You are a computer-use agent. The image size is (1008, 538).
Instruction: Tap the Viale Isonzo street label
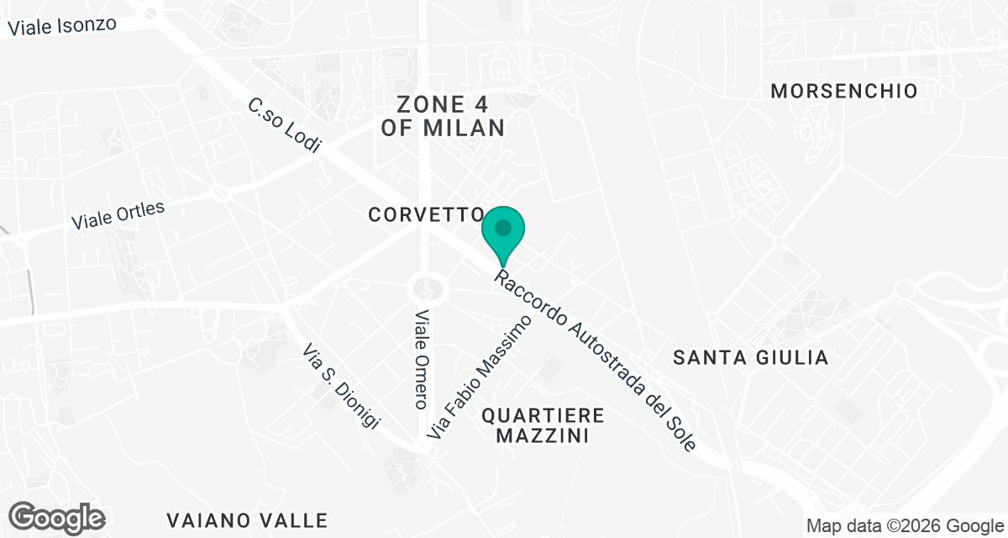coord(62,25)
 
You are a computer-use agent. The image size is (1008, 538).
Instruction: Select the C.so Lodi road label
coord(285,125)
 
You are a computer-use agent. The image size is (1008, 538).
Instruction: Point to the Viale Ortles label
coord(118,215)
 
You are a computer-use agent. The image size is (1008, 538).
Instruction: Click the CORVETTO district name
coord(425,215)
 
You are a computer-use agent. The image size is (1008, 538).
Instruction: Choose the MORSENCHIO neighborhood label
coord(844,91)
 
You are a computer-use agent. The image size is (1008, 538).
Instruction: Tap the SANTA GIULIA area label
coord(751,358)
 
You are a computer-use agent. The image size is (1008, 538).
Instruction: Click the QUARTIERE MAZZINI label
coord(542,425)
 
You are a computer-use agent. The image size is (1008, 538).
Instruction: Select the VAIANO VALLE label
coord(247,520)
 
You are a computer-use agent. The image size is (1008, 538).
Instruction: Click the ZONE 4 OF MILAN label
coord(443,116)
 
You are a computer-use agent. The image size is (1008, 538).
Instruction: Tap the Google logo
coord(57,518)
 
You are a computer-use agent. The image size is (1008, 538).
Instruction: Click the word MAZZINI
coord(542,436)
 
